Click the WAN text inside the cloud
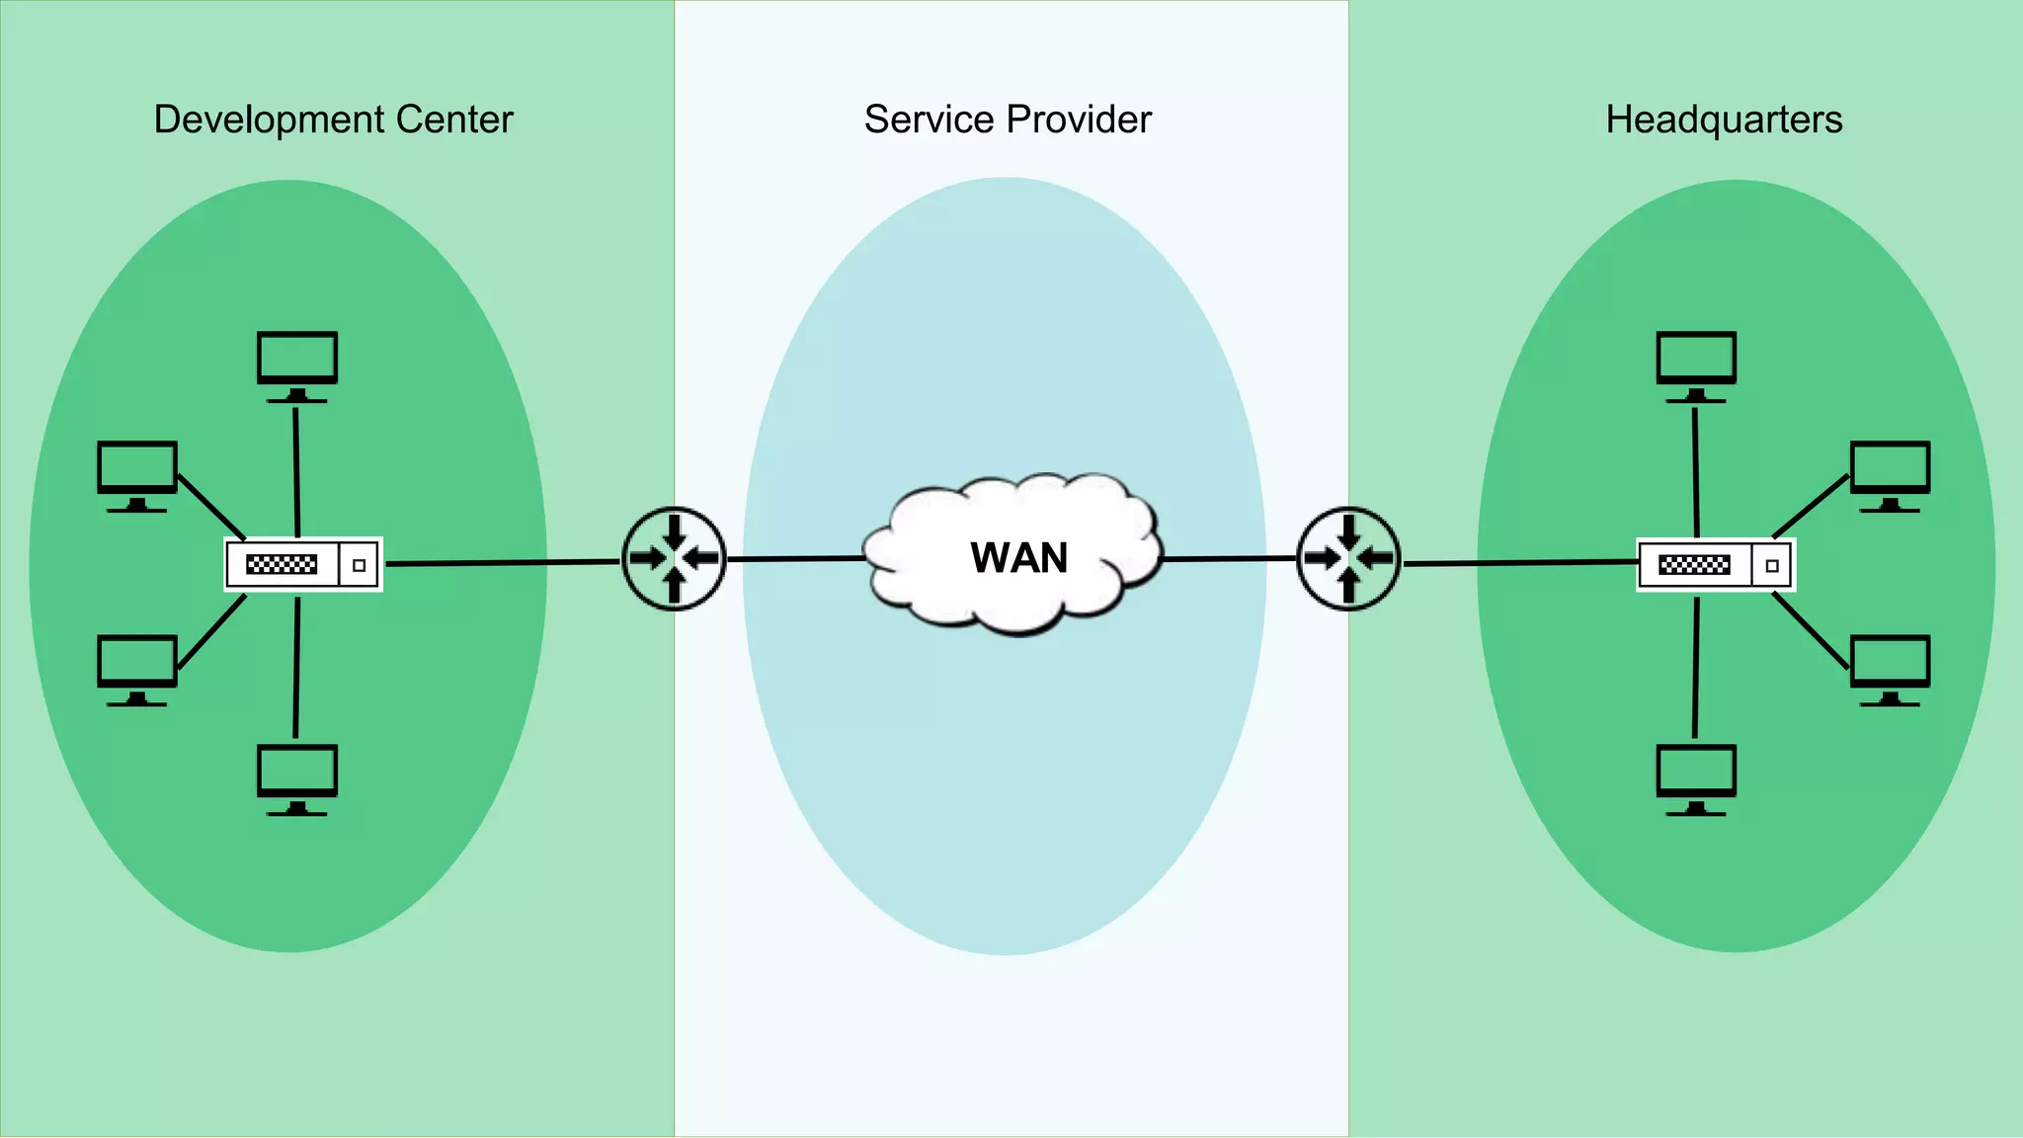click(x=1018, y=558)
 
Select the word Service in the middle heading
click(x=929, y=120)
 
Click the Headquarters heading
click(x=1724, y=120)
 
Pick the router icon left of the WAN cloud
click(x=674, y=559)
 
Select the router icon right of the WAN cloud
click(x=1348, y=559)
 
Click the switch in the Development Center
click(x=302, y=565)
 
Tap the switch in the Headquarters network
click(x=1716, y=565)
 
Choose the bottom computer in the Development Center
click(x=297, y=777)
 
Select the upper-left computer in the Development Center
click(x=137, y=474)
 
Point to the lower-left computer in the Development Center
click(x=137, y=668)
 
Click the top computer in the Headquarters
click(x=1696, y=364)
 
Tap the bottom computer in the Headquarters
click(x=1696, y=777)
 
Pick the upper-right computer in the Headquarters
click(x=1890, y=474)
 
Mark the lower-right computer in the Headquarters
click(x=1890, y=668)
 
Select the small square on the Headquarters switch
click(x=1772, y=566)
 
